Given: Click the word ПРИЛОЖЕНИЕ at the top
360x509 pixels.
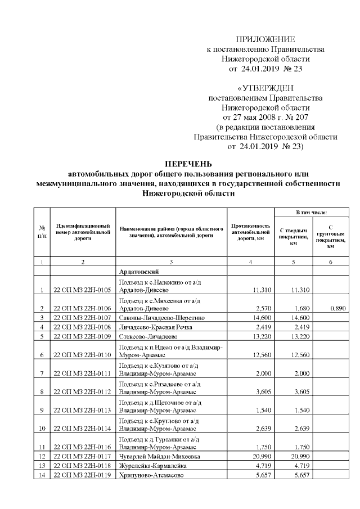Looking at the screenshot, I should pyautogui.click(x=265, y=39).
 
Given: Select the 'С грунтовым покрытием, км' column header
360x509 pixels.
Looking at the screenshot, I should pyautogui.click(x=331, y=236).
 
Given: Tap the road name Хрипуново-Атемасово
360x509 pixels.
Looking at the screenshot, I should pyautogui.click(x=149, y=475).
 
